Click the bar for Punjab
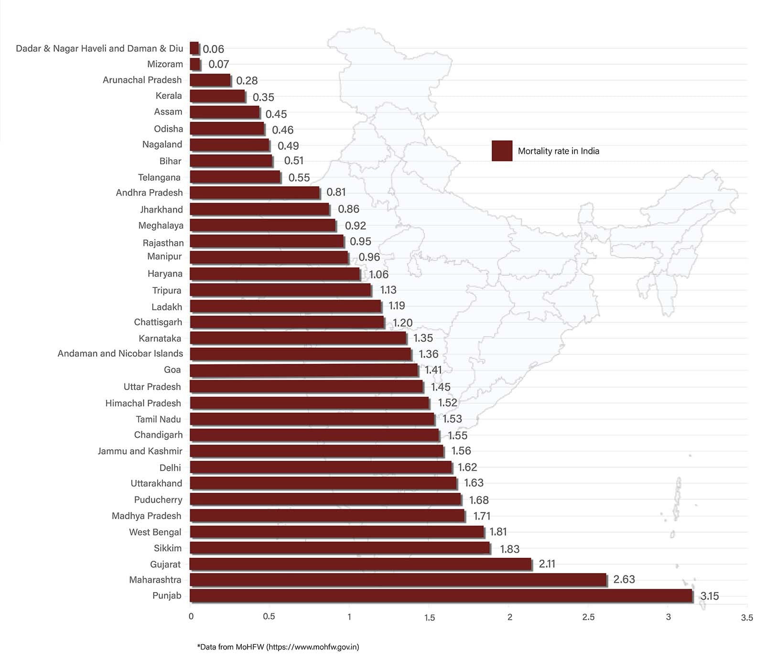(x=441, y=595)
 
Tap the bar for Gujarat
(x=360, y=564)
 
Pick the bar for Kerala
(x=217, y=96)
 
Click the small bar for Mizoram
(x=195, y=64)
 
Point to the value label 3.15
(x=709, y=596)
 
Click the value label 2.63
(x=624, y=579)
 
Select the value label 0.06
(x=213, y=49)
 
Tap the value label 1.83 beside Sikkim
(x=509, y=549)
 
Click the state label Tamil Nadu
(x=158, y=419)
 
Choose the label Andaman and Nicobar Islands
(x=120, y=353)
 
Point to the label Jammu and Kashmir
(x=140, y=451)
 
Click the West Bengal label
(x=155, y=532)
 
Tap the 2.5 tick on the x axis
(x=588, y=617)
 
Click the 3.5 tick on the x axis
(x=746, y=617)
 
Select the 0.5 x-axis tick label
(x=269, y=616)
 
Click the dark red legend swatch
(x=502, y=151)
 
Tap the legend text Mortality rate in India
(x=558, y=151)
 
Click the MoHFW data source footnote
(x=278, y=647)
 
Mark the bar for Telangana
(x=235, y=177)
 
